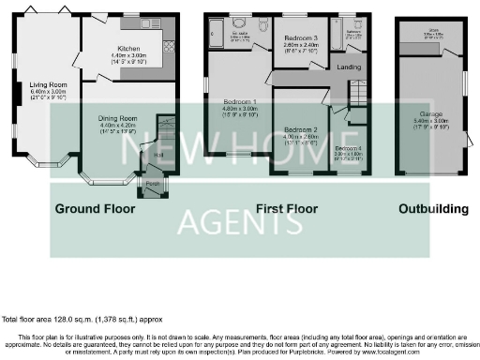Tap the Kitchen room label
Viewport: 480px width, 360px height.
click(x=127, y=48)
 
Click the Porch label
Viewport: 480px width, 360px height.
click(x=151, y=184)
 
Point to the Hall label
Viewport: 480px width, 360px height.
click(x=158, y=155)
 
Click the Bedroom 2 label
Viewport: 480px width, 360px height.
click(x=302, y=128)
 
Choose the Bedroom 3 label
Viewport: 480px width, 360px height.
click(x=301, y=37)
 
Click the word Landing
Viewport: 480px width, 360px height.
click(x=350, y=67)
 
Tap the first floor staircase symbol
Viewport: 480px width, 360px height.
click(x=359, y=94)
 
